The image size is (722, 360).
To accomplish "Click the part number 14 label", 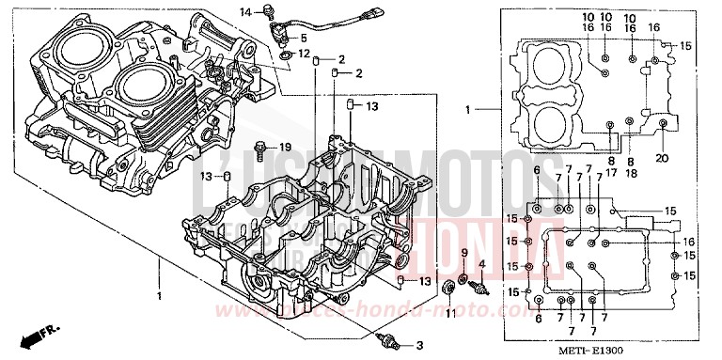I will [243, 11].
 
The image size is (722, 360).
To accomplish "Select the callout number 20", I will [662, 159].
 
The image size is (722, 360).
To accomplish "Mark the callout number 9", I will [463, 253].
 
